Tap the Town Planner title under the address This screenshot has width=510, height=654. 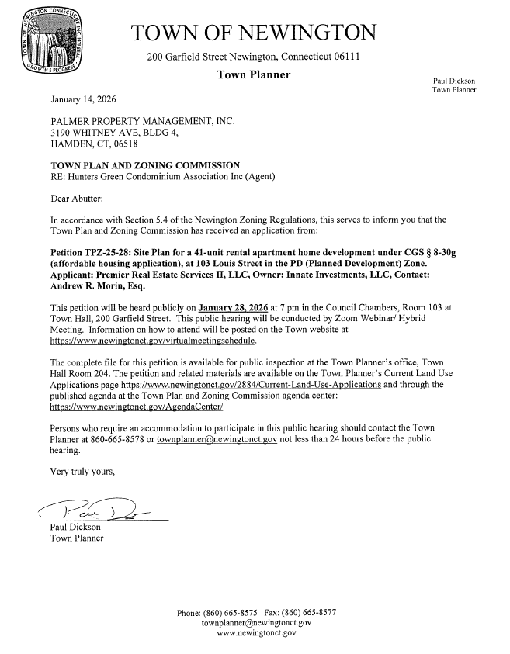coord(254,75)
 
